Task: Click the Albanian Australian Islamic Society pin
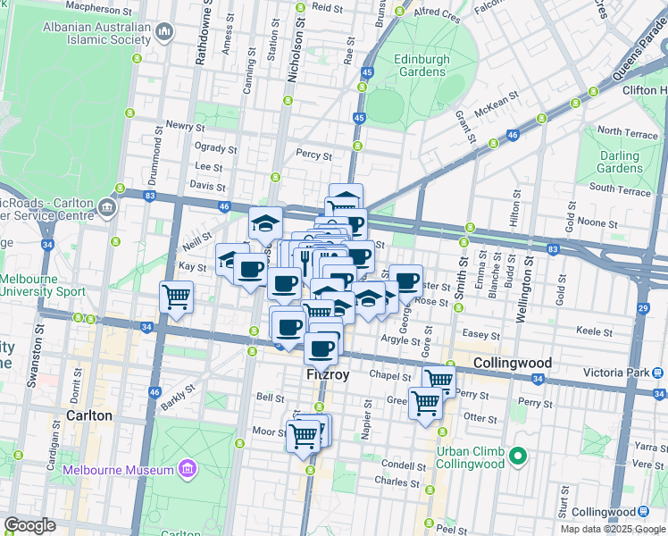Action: point(164,33)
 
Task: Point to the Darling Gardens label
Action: point(620,162)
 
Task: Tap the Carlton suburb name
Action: point(89,415)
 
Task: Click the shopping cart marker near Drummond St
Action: point(176,297)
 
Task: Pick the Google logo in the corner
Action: point(29,525)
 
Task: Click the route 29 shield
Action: point(644,308)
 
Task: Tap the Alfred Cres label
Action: point(438,15)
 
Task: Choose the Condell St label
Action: point(405,465)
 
